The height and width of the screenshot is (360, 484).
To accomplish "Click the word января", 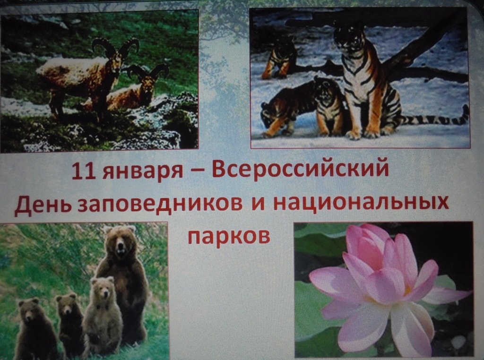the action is pos(143,172).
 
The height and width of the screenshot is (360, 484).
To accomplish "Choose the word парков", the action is pos(229,236).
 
